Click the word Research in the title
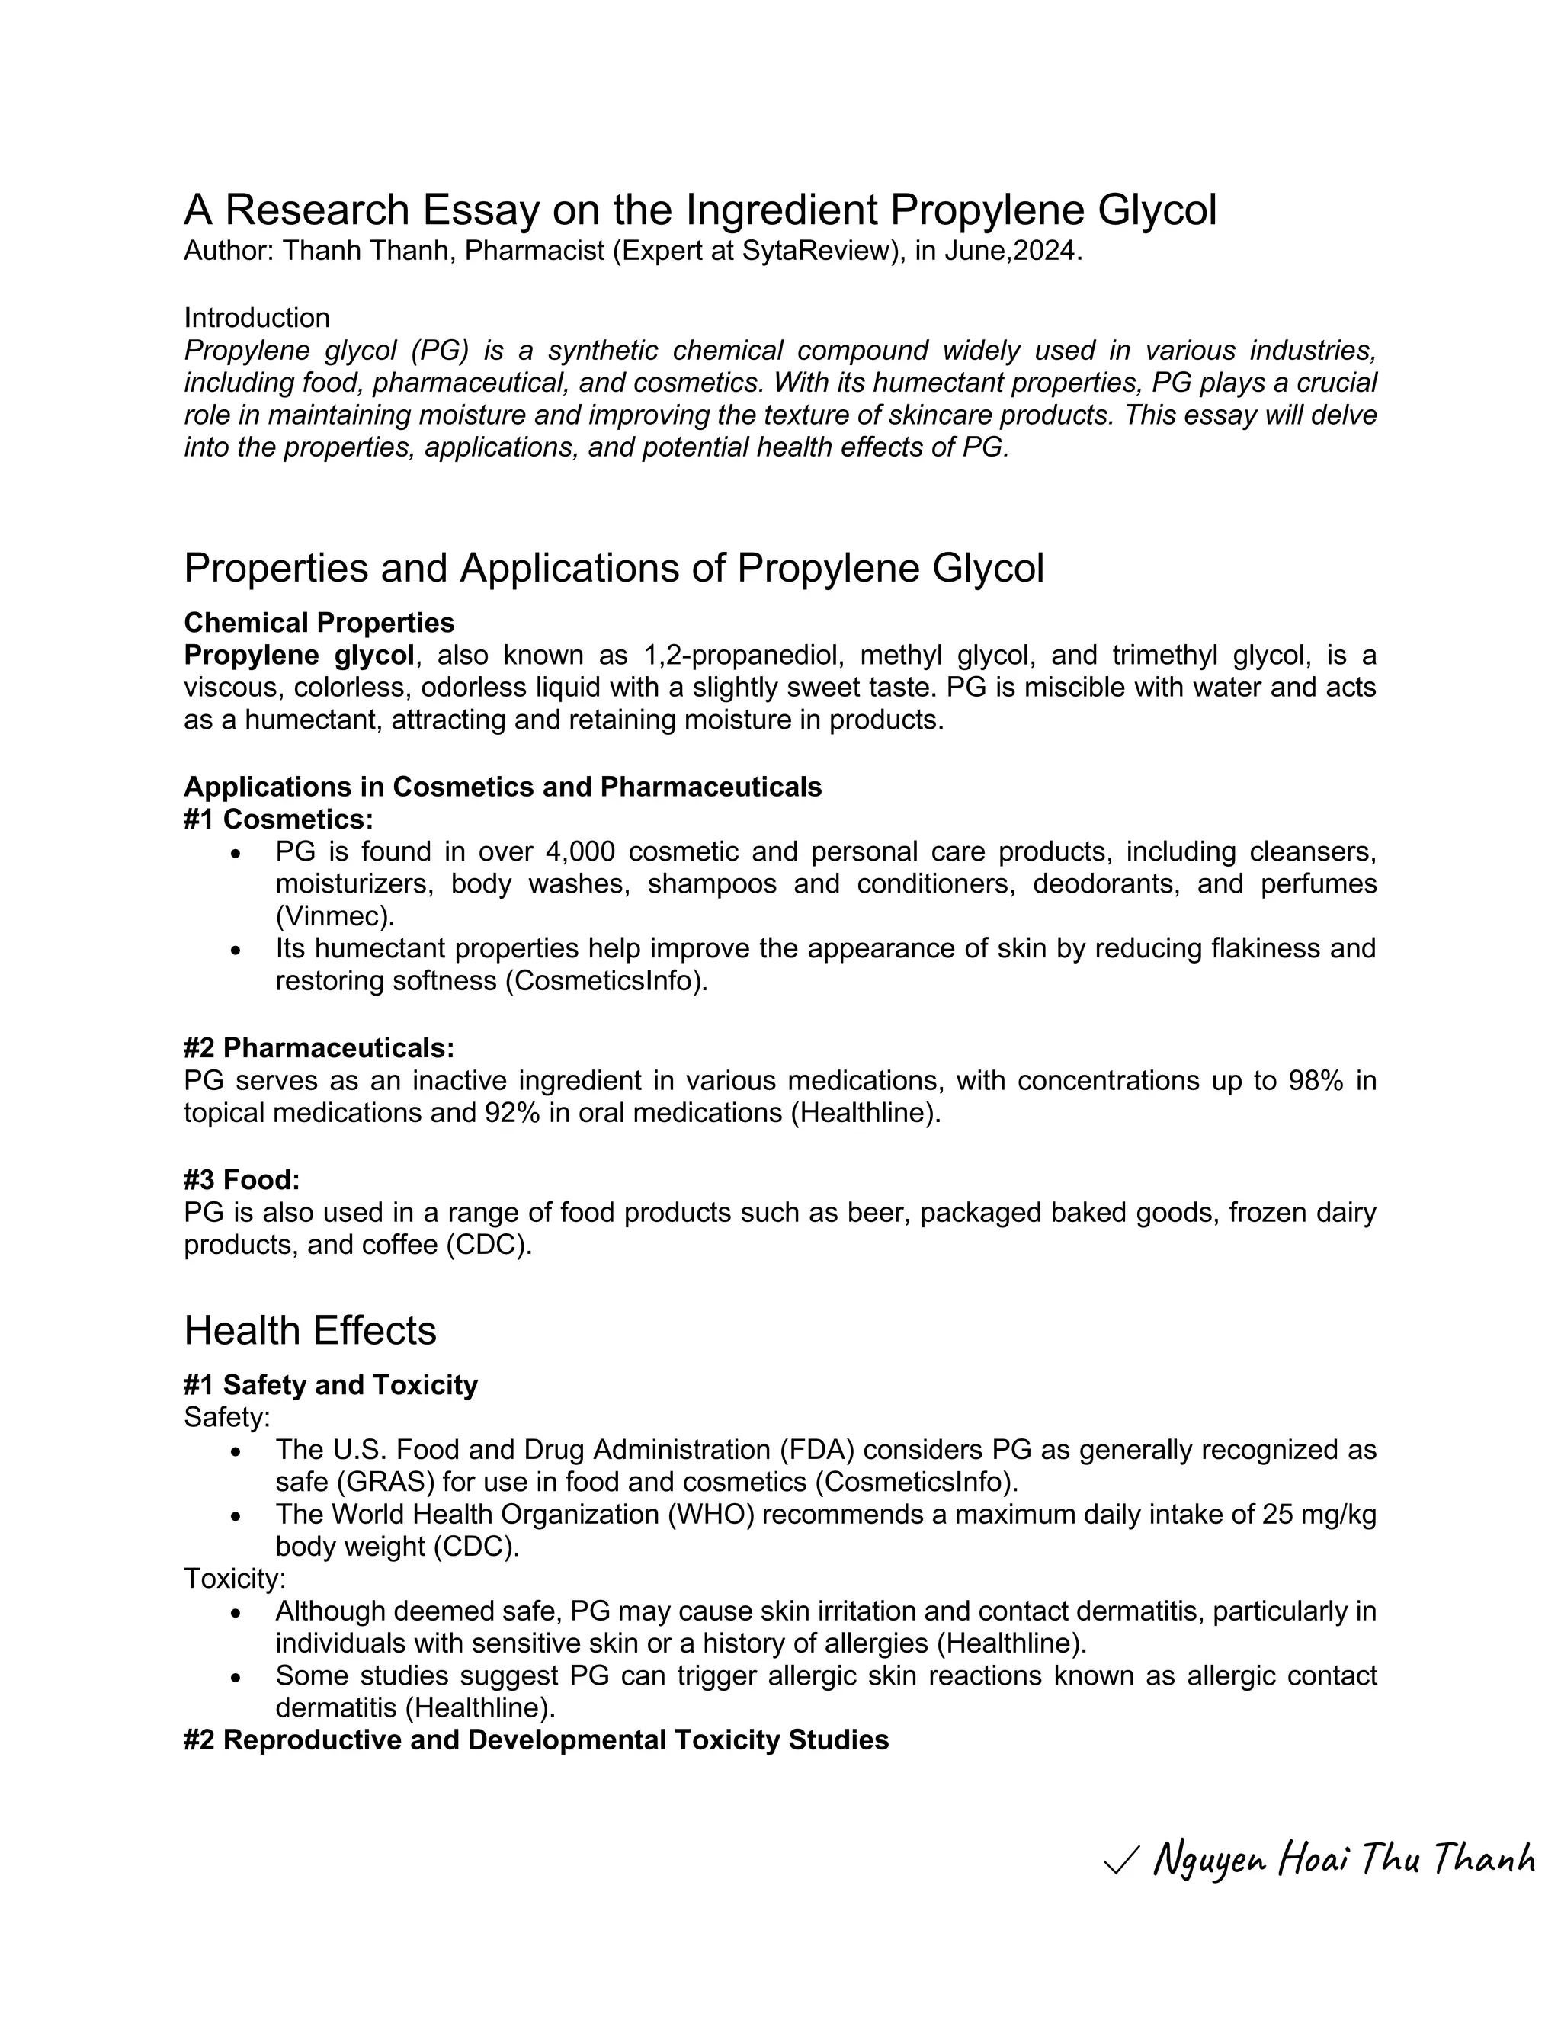point(320,211)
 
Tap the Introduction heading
point(256,317)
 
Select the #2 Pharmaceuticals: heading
point(319,1048)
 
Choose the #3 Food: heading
point(242,1179)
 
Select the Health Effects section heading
point(309,1331)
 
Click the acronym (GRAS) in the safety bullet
point(385,1482)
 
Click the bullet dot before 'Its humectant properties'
point(237,950)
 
